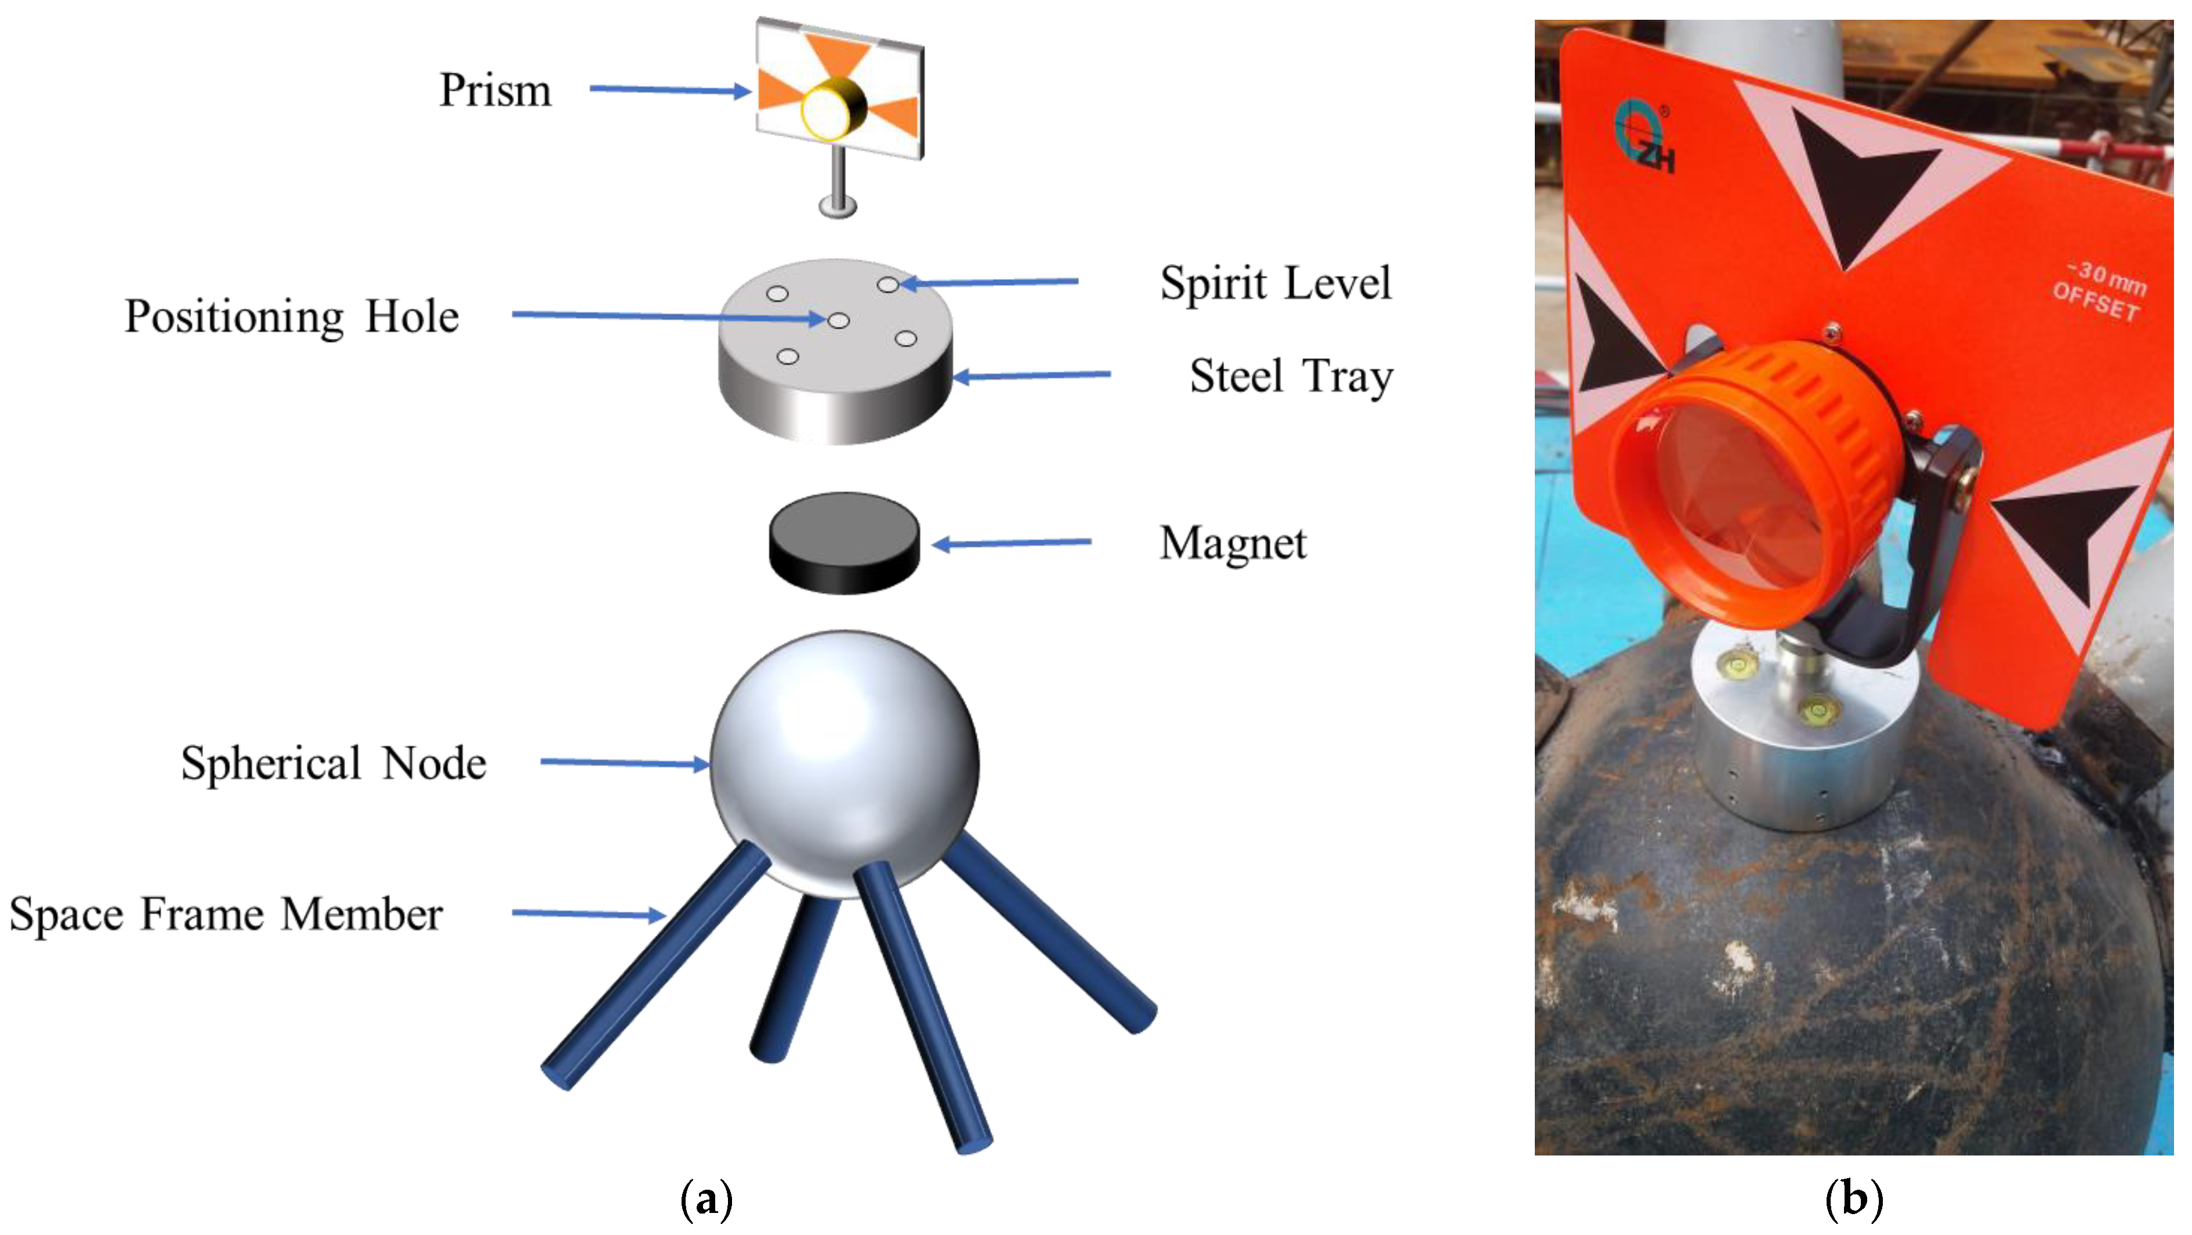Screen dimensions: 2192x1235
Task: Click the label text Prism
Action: (x=495, y=90)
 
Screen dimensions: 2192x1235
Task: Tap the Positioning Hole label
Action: (x=291, y=317)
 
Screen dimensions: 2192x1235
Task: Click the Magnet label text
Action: (x=1232, y=543)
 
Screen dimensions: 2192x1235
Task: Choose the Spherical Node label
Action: (x=334, y=763)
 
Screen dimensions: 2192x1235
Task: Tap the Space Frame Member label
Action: (x=226, y=914)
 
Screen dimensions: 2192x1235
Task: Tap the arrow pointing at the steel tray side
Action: (x=1031, y=374)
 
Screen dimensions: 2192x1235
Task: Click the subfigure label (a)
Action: (x=706, y=1199)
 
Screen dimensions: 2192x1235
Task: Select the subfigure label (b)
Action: (x=1853, y=1199)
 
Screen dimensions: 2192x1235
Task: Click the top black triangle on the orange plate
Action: (x=1855, y=179)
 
